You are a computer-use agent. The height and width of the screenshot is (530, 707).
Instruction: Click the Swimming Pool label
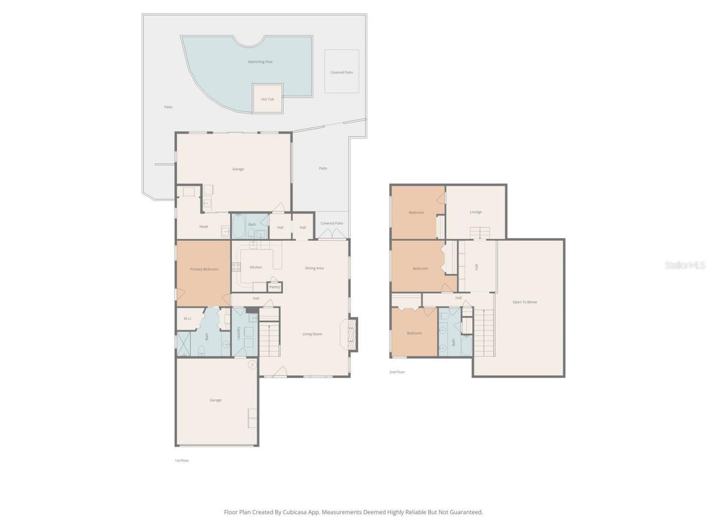click(260, 62)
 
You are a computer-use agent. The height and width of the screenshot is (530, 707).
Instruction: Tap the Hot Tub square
click(267, 99)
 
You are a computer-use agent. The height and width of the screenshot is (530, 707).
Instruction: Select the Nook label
click(204, 226)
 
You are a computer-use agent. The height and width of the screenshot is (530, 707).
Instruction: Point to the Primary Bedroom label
click(204, 269)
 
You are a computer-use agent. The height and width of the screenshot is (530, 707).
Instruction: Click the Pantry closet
click(275, 287)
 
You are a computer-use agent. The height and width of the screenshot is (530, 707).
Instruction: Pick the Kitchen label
click(256, 267)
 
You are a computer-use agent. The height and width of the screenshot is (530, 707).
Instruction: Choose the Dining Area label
click(314, 268)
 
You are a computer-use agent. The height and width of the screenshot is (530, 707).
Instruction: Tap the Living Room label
click(312, 334)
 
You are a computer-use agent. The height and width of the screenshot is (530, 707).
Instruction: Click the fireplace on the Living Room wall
click(352, 334)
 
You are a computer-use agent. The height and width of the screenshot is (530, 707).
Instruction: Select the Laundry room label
click(239, 333)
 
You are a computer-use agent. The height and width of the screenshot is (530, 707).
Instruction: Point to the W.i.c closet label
click(187, 319)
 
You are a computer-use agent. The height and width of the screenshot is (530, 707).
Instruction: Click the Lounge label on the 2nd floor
click(476, 212)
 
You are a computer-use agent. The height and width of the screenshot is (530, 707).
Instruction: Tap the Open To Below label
click(525, 302)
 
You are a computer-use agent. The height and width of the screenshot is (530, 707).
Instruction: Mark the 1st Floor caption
click(182, 460)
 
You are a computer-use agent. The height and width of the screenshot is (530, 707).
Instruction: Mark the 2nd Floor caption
click(397, 372)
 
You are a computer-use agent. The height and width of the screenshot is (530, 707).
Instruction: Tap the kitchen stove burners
click(236, 267)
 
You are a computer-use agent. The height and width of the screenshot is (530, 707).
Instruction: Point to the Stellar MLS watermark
click(685, 266)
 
